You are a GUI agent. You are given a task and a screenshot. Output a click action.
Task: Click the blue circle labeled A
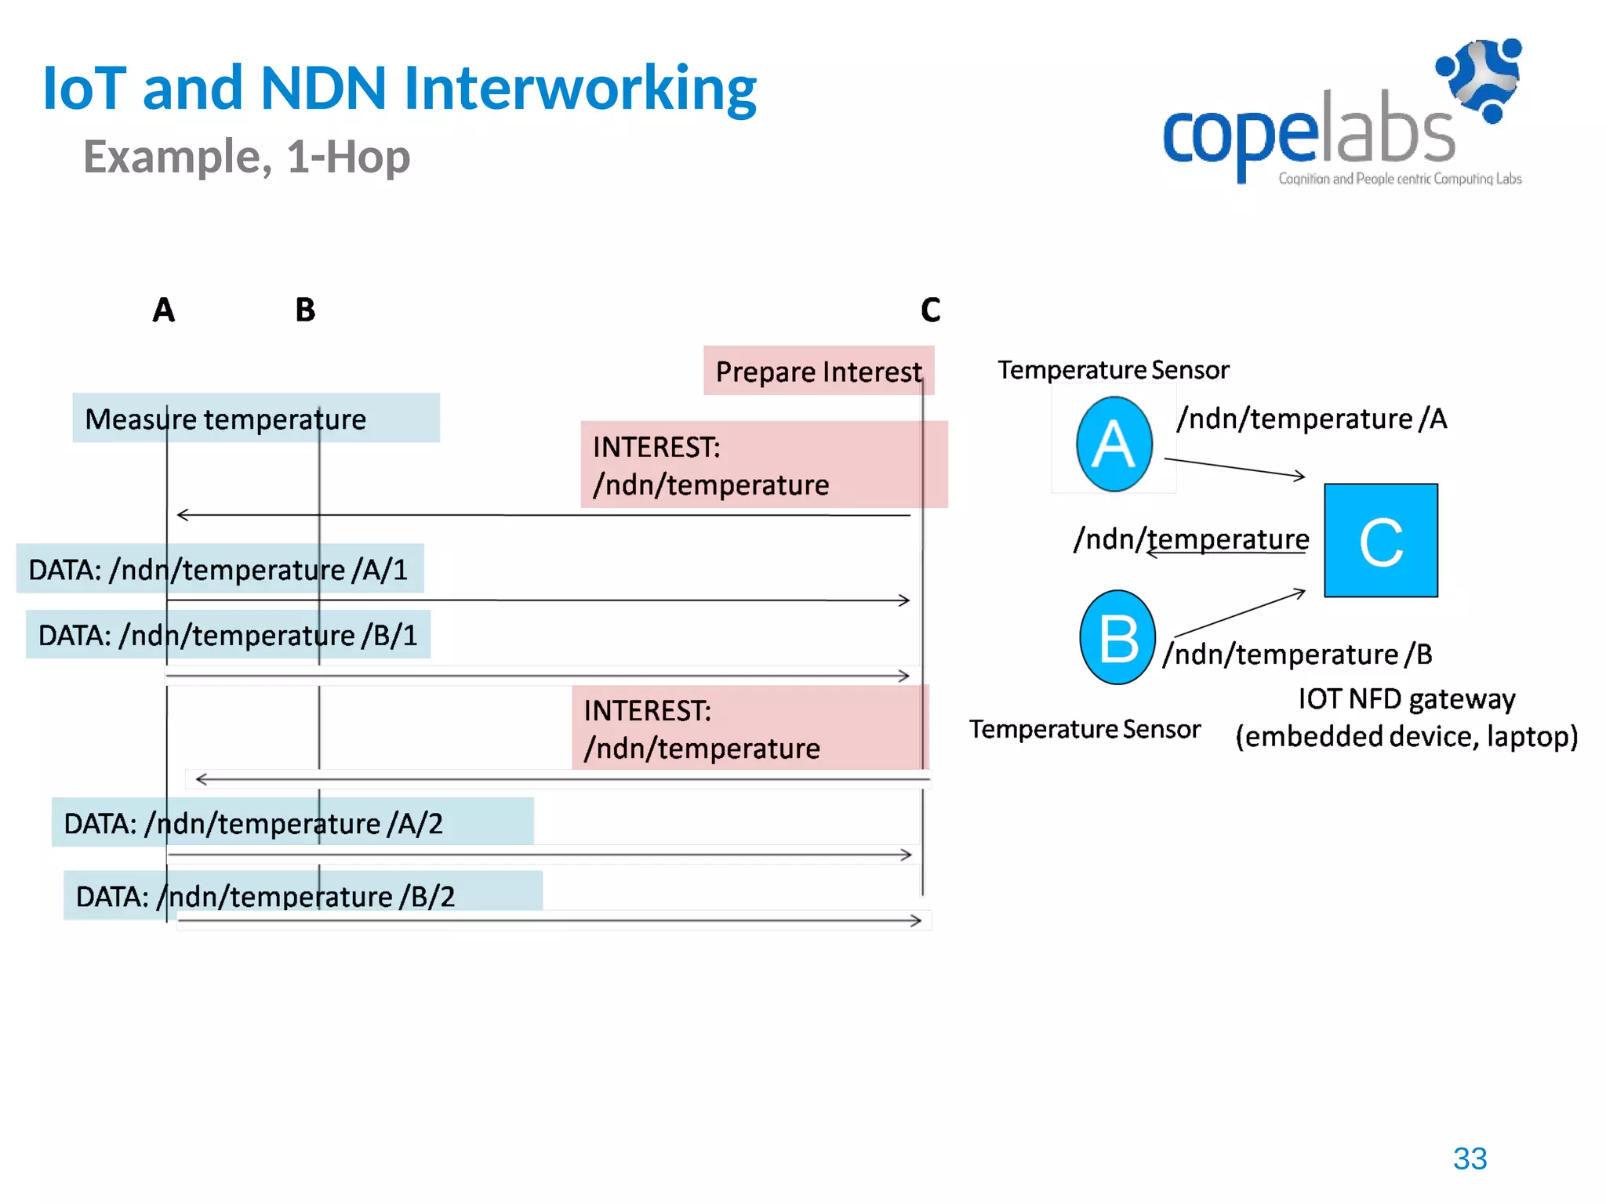point(1114,444)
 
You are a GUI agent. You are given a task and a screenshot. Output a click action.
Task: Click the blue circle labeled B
point(1117,637)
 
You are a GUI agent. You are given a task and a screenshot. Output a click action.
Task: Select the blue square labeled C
point(1380,541)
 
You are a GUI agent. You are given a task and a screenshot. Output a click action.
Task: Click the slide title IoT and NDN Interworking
point(399,88)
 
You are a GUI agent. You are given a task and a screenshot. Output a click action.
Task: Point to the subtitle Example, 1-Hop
point(246,157)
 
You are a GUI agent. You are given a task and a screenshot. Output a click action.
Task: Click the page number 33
point(1470,1159)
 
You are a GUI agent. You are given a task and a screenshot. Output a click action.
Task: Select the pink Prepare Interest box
point(818,371)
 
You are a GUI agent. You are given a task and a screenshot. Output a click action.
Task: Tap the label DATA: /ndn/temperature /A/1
point(220,569)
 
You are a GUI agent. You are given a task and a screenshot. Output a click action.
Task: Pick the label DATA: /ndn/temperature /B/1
point(228,635)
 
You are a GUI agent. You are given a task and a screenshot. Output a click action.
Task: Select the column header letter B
point(305,310)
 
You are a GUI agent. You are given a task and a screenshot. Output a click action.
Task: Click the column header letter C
point(930,310)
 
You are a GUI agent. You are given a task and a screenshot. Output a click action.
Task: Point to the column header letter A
point(163,310)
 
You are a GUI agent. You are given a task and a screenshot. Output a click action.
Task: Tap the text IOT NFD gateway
point(1406,698)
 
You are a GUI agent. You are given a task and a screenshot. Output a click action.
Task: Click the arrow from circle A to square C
point(1234,467)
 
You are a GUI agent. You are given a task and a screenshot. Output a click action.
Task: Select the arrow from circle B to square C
point(1239,613)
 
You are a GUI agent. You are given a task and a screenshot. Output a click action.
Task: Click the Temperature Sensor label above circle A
point(1113,370)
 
